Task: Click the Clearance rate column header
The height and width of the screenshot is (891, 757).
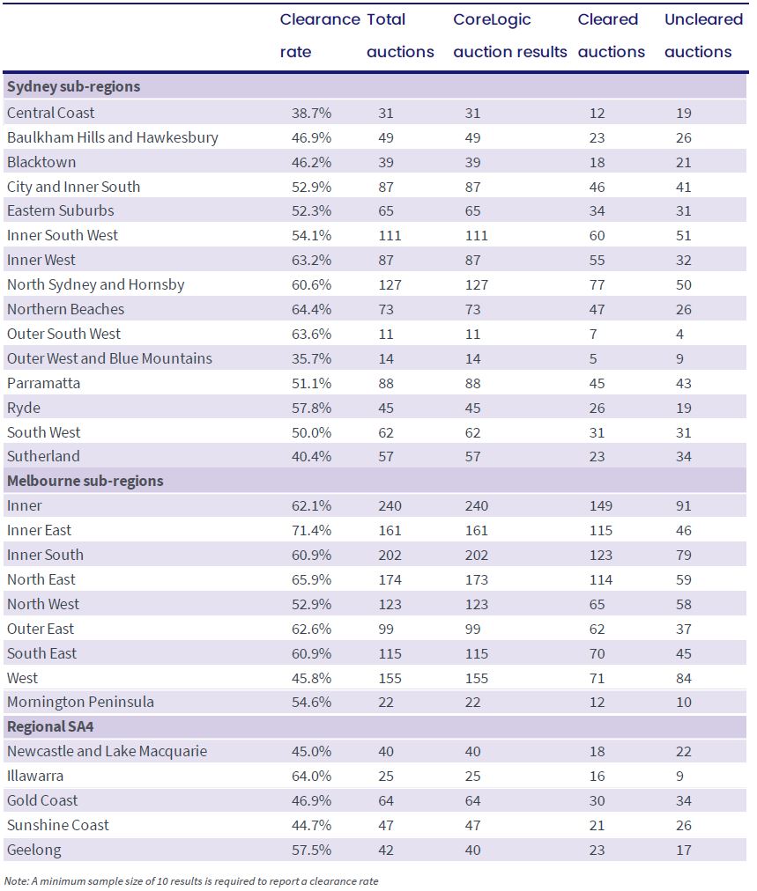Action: point(320,35)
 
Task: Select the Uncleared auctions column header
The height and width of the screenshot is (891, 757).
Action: point(703,35)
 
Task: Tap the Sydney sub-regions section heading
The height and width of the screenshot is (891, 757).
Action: point(73,87)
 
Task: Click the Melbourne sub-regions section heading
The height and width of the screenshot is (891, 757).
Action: point(85,482)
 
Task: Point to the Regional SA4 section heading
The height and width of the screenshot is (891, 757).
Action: point(50,727)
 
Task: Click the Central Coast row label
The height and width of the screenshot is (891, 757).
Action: point(50,113)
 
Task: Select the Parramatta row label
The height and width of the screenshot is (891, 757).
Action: point(43,384)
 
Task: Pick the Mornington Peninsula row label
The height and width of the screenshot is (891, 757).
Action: point(80,703)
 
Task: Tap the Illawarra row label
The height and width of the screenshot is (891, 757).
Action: point(35,777)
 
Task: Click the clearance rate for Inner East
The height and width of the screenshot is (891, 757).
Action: point(311,531)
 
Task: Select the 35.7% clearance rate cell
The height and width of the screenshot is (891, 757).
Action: point(311,359)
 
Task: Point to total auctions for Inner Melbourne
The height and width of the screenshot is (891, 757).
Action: point(390,506)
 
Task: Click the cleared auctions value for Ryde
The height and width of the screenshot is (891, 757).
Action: point(597,409)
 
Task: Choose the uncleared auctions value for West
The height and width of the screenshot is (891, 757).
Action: point(684,679)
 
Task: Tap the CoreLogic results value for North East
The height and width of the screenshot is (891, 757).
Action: point(476,580)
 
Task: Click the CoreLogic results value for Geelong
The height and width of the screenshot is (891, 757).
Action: point(472,850)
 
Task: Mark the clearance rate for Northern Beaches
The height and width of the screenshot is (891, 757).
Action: point(311,310)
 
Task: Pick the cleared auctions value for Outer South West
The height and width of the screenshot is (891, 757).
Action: point(593,335)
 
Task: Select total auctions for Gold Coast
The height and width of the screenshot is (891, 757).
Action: point(386,801)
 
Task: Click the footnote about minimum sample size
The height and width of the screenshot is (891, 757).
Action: point(191,881)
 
